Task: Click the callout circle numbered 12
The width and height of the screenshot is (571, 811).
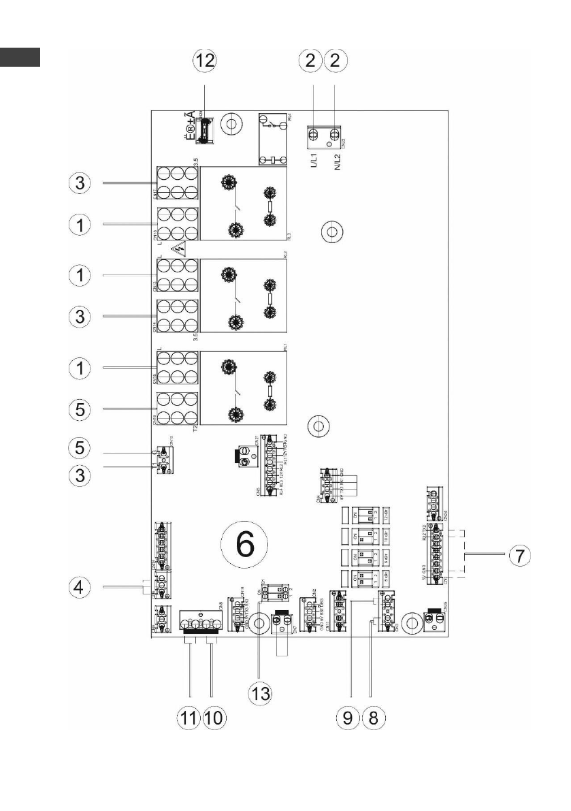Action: click(x=205, y=60)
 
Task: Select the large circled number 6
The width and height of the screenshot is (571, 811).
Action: click(x=245, y=543)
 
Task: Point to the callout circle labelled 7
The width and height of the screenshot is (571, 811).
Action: click(x=519, y=555)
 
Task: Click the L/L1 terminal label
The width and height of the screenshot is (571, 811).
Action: click(x=315, y=161)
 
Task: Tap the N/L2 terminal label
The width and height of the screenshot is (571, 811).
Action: click(x=336, y=161)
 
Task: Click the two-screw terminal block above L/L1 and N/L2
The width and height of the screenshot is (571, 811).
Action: click(x=325, y=135)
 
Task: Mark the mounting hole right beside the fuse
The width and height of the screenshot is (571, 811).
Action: click(x=232, y=125)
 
